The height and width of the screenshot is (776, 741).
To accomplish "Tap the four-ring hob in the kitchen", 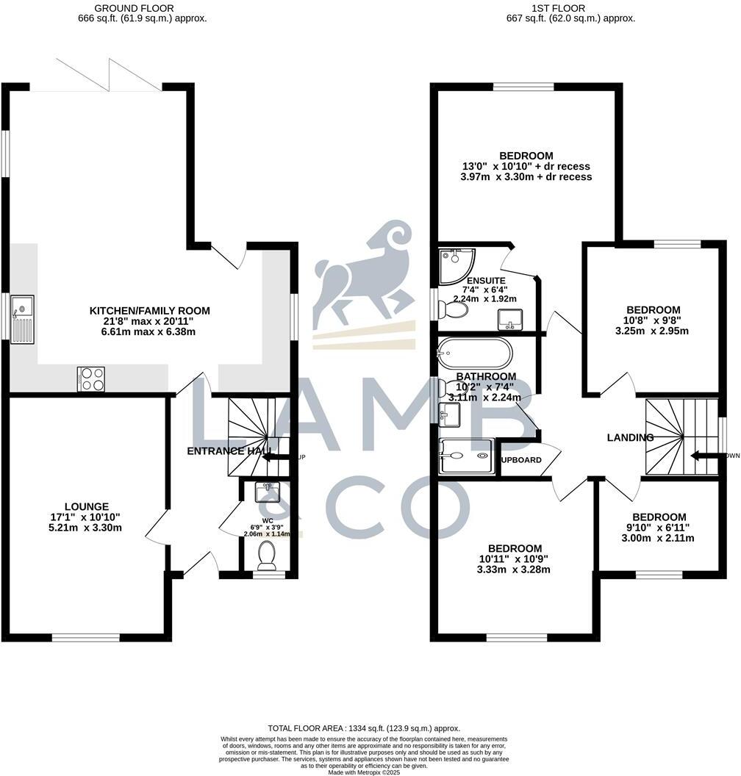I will click(90, 378).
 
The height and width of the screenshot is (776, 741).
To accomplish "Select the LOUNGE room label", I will click(87, 506).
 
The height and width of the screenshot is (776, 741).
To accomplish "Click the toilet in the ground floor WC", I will click(266, 556).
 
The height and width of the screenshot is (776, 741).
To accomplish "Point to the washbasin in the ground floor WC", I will click(266, 491).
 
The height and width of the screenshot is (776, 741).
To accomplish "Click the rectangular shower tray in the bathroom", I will click(465, 456).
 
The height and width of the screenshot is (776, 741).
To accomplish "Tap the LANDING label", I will click(630, 437).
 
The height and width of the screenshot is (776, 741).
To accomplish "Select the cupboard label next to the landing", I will click(521, 460).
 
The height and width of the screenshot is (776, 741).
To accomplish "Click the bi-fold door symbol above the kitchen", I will click(107, 75).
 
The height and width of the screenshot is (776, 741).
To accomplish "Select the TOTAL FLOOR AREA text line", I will click(365, 727).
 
